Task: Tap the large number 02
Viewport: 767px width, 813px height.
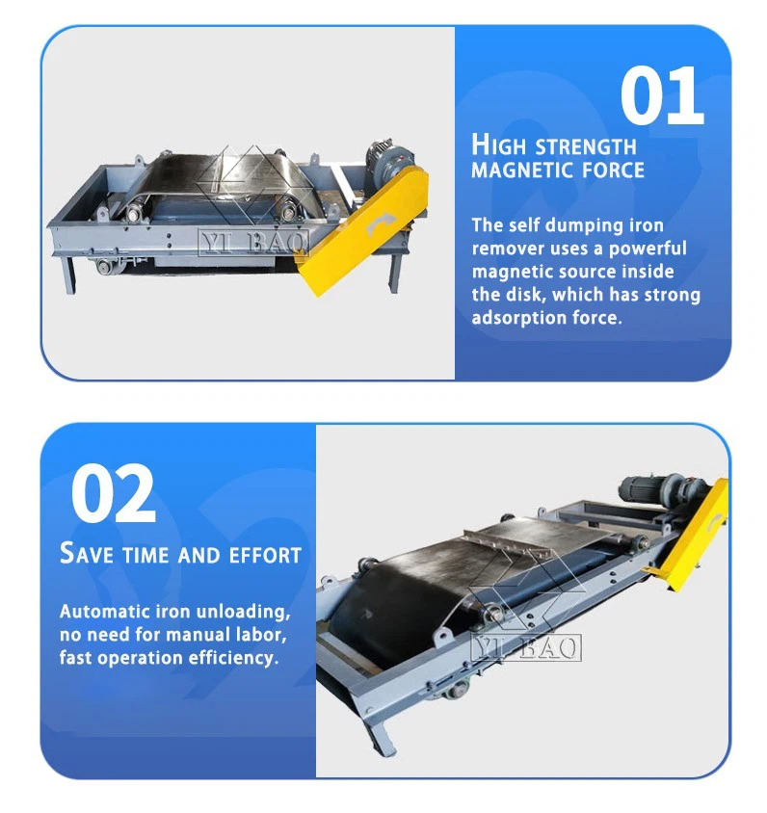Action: pos(113,492)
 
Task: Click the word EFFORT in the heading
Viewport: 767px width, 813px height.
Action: pos(265,555)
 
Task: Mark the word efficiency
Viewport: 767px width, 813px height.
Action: pos(231,658)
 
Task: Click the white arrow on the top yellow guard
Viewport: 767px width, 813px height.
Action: pos(374,223)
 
